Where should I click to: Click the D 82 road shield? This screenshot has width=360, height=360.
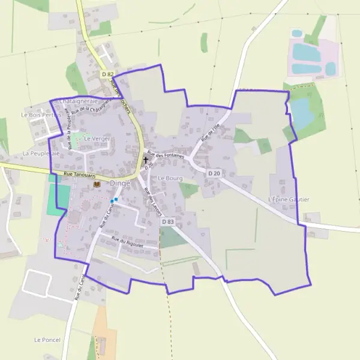107,74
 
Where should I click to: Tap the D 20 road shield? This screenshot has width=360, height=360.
214,173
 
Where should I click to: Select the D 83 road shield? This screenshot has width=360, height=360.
167,221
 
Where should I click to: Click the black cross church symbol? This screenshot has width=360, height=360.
145,161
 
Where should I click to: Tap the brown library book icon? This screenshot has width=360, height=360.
97,185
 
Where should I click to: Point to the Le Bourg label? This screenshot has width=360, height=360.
170,178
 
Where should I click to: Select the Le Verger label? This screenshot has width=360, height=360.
97,139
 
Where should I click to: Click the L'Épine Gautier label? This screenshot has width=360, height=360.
289,199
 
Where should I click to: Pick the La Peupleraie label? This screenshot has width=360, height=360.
41,154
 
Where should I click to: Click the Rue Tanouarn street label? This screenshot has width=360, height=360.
79,176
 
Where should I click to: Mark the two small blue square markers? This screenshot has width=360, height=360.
113,200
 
